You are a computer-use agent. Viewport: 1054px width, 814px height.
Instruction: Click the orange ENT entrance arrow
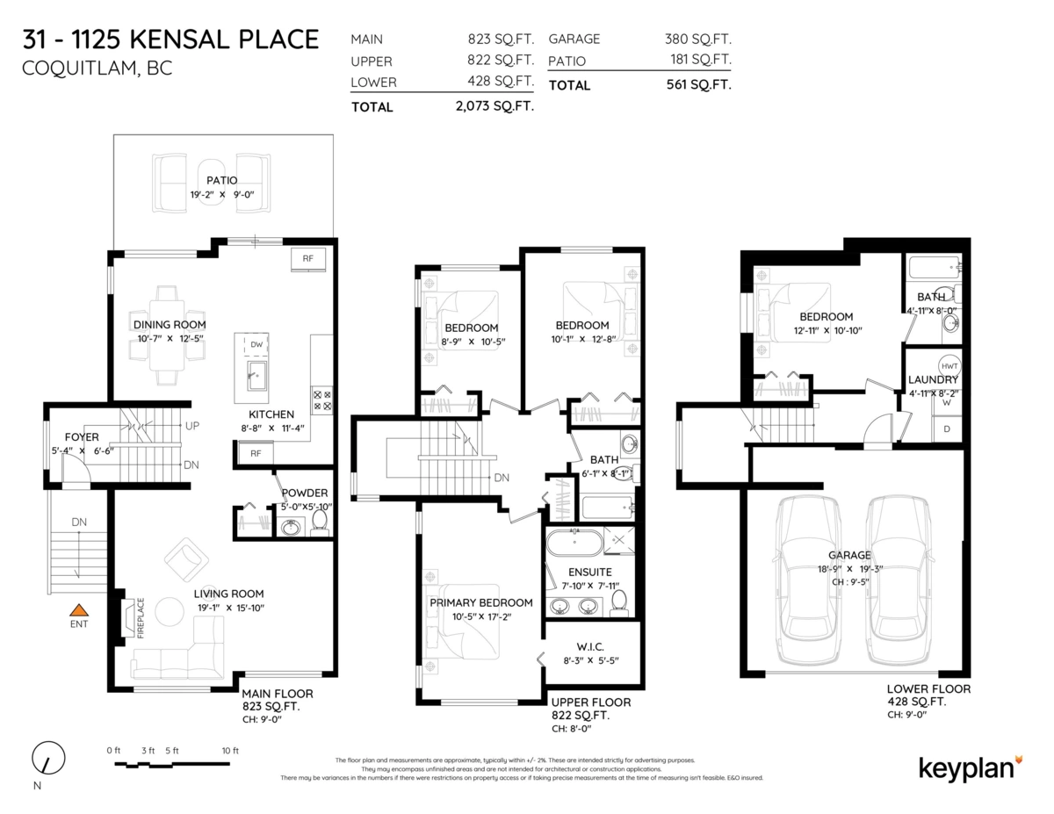pyautogui.click(x=79, y=609)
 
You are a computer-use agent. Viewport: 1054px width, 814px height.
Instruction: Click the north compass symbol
pyautogui.click(x=47, y=758)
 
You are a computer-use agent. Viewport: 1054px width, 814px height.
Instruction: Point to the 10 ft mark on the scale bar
pyautogui.click(x=230, y=751)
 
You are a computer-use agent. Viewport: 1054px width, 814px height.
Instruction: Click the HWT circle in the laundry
pyautogui.click(x=949, y=365)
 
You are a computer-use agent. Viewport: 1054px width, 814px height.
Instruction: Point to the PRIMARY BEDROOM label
pyautogui.click(x=480, y=602)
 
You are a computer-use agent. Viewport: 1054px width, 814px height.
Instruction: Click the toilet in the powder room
pyautogui.click(x=319, y=524)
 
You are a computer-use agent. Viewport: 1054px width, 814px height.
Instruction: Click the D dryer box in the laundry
pyautogui.click(x=947, y=429)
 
